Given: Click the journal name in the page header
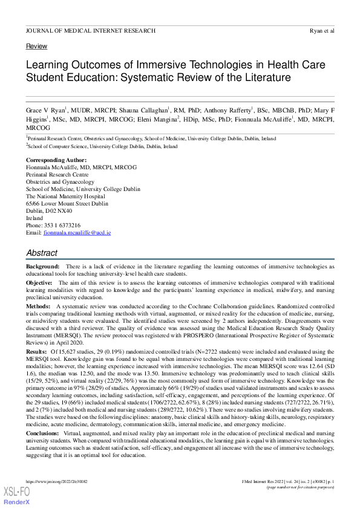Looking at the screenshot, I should pyautogui.click(x=90, y=30).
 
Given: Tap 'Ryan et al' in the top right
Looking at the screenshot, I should pyautogui.click(x=321, y=30).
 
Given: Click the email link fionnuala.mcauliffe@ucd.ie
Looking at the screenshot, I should pyautogui.click(x=77, y=233).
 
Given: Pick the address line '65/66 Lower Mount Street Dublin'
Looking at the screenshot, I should pyautogui.click(x=67, y=204).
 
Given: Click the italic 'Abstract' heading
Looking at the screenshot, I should pyautogui.click(x=42, y=253).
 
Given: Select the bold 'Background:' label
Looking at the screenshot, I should pyautogui.click(x=42, y=267).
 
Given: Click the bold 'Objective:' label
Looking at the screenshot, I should pyautogui.click(x=39, y=283).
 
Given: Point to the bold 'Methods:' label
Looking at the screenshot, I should pyautogui.click(x=38, y=307).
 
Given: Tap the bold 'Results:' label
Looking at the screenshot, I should pyautogui.click(x=36, y=352).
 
